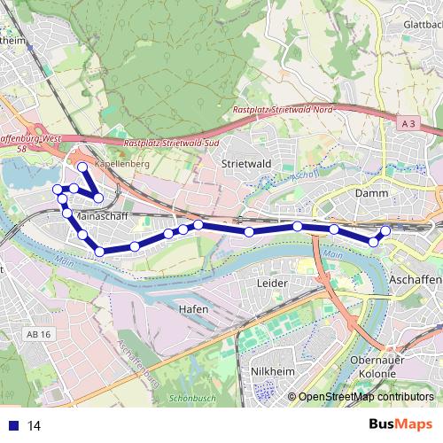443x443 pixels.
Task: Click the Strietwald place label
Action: (x=245, y=164)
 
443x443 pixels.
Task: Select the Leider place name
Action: (x=272, y=283)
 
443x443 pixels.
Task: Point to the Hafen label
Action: (x=192, y=308)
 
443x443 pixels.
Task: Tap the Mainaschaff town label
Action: (x=104, y=215)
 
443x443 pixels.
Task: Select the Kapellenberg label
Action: (x=122, y=165)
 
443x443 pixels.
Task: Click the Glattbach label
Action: (x=422, y=26)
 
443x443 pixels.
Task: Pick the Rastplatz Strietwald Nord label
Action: (x=282, y=108)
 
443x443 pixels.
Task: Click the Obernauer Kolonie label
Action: (x=378, y=368)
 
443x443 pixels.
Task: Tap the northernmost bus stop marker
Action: (x=82, y=167)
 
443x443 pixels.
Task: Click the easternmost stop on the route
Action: (x=385, y=231)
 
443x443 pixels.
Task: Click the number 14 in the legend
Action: (x=35, y=425)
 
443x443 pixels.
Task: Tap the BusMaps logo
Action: (x=401, y=424)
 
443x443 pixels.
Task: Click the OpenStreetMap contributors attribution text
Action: (x=365, y=398)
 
